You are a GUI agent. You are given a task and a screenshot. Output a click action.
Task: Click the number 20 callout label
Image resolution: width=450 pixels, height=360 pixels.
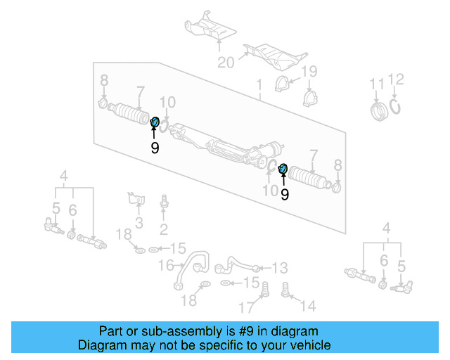click(x=225, y=63)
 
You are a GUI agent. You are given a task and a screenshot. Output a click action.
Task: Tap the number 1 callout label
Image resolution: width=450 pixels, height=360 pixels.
click(x=259, y=86)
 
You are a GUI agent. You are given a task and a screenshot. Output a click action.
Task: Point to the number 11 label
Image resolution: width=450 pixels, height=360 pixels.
click(x=378, y=85)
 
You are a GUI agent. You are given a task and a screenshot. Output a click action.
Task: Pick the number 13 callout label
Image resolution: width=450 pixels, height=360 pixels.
click(x=280, y=268)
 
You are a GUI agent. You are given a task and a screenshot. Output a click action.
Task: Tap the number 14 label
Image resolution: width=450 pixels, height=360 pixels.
click(x=308, y=306)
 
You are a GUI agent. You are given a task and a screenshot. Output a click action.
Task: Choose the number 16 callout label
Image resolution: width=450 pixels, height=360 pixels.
click(x=166, y=265)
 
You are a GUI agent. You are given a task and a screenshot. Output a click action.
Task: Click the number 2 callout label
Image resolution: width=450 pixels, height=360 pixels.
click(x=163, y=229)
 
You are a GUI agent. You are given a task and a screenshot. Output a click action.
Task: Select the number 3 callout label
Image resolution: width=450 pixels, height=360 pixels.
click(x=139, y=224)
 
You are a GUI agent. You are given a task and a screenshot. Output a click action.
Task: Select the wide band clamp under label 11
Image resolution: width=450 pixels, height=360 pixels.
click(x=379, y=111)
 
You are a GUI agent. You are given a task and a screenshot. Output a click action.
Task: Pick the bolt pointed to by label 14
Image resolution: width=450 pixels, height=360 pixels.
click(x=286, y=289)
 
